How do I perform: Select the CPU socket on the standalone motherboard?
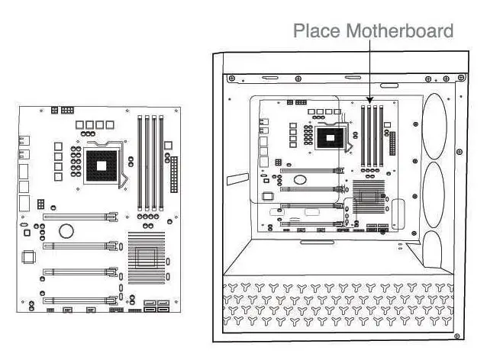point(102,162)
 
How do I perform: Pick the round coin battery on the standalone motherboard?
point(67,230)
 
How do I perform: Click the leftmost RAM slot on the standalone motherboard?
point(139,162)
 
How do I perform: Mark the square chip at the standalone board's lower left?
point(30,257)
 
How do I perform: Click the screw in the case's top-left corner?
point(231,78)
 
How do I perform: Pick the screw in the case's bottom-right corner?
point(456,333)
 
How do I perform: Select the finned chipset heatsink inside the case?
point(367,199)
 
